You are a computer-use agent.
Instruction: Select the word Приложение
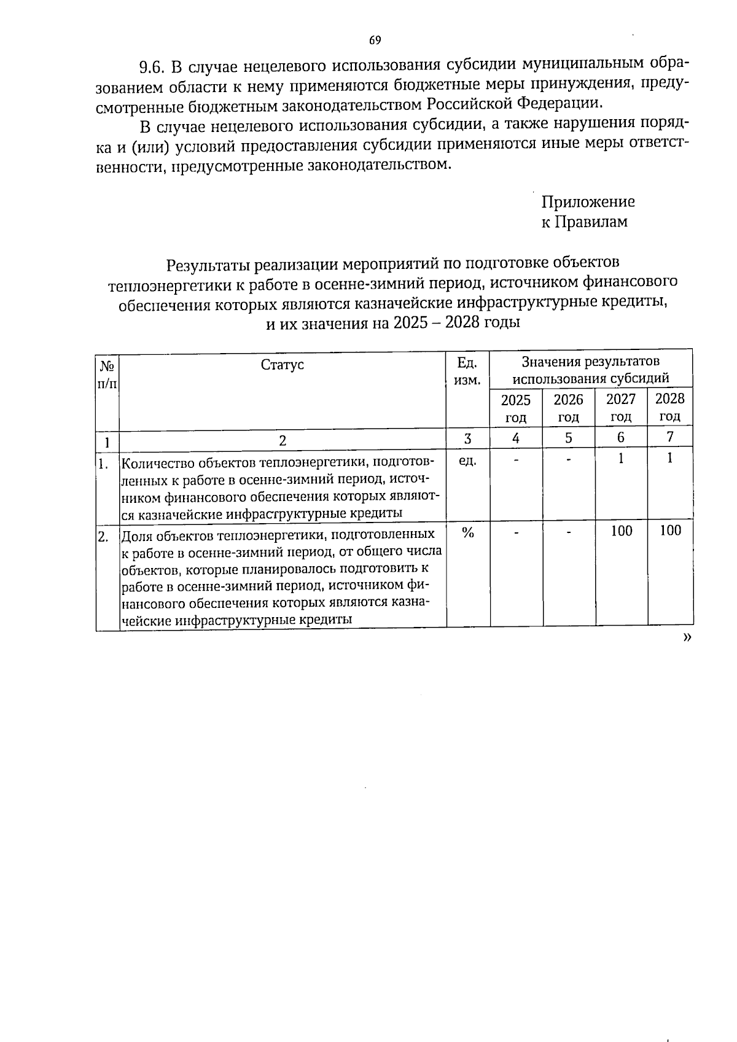tap(588, 202)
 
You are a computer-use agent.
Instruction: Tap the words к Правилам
tap(584, 222)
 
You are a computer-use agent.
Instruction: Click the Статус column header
tap(283, 365)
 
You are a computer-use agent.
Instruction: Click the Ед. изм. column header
tap(467, 371)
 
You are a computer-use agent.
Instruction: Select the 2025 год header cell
tap(516, 408)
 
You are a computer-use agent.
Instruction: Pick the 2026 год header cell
tap(568, 408)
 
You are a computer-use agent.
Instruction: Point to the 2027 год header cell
tap(621, 408)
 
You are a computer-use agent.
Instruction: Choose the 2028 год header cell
tap(669, 407)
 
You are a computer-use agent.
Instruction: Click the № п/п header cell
tap(107, 375)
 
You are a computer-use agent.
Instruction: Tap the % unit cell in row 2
tap(468, 533)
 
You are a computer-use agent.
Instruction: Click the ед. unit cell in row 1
tap(467, 459)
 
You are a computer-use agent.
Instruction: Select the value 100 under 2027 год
tap(622, 531)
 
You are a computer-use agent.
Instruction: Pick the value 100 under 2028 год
tap(670, 531)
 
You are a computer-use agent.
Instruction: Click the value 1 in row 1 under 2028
tap(670, 457)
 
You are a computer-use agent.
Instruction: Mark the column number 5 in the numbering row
tap(568, 438)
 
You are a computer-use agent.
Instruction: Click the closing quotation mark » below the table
tap(687, 638)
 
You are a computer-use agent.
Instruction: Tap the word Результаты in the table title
tap(208, 265)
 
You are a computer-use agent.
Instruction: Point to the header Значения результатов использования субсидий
tap(591, 369)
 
